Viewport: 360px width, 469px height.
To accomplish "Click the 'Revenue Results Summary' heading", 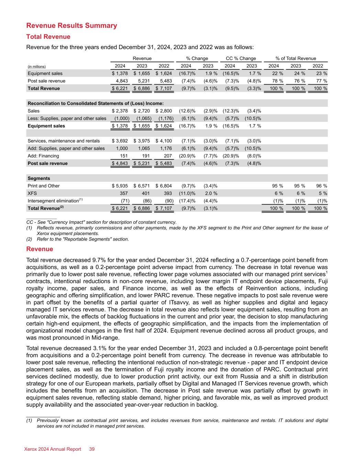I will pos(71,26).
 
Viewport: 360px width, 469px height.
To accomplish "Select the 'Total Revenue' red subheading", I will pos(48,37).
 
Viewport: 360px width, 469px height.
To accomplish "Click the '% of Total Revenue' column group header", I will pos(296,58).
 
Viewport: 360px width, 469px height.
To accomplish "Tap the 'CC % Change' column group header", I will pos(241,58).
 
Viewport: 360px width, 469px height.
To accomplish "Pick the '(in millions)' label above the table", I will pos(37,66).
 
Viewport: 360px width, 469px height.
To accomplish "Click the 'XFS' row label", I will pos(32,193).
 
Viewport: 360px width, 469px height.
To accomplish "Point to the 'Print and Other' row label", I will pos(44,186).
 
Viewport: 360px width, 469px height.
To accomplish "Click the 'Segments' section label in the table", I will pos(39,178).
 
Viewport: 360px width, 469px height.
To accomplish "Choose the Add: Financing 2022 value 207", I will pos(168,156).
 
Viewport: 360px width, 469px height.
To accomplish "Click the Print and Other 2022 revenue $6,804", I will pos(164,186).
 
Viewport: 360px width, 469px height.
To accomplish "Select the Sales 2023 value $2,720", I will pos(142,111).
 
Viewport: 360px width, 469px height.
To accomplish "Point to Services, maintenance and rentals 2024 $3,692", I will pos(120,141).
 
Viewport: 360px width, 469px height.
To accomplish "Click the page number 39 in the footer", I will pos(92,449).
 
